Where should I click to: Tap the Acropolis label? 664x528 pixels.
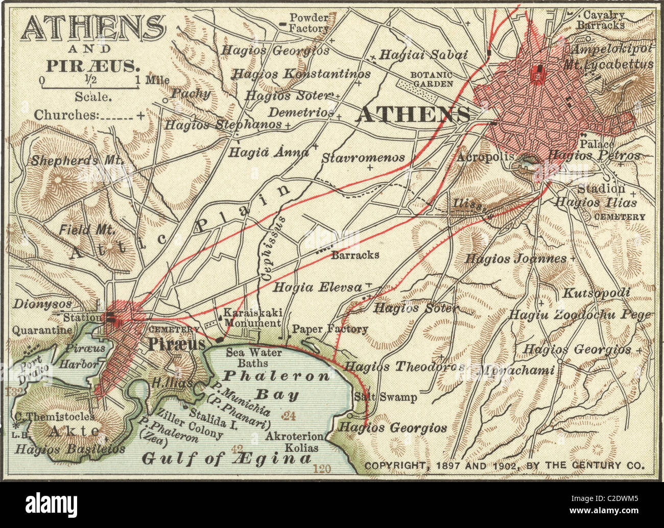485,157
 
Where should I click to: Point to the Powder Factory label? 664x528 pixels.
309,23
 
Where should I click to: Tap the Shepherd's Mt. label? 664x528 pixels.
78,160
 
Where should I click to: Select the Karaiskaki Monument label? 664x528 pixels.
252,318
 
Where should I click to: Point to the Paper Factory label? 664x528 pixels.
329,329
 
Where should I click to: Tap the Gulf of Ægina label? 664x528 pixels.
226,459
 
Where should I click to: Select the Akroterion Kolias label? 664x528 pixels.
295,442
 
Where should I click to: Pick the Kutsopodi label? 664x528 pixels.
596,293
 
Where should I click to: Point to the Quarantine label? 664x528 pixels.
42,330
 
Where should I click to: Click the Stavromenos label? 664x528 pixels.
363,158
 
